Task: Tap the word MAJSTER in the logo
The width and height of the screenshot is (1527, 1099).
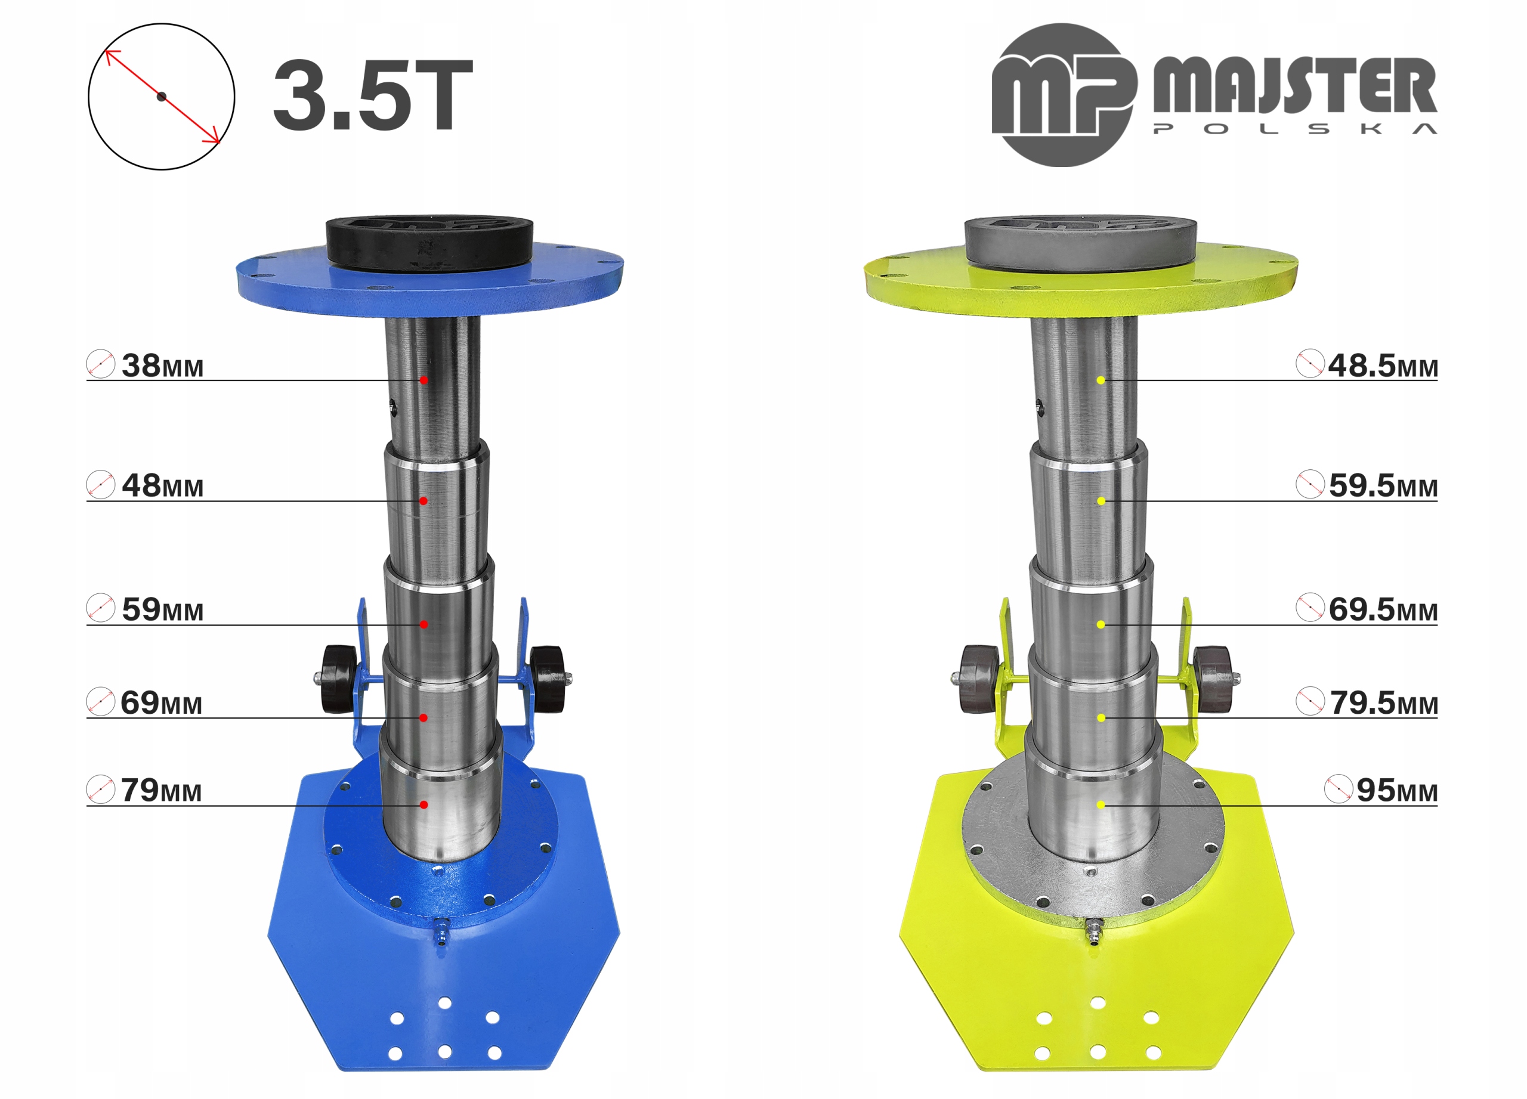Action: [x=1295, y=85]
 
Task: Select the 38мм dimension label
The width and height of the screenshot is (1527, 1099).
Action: [x=162, y=366]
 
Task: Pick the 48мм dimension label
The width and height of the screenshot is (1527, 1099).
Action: [x=162, y=485]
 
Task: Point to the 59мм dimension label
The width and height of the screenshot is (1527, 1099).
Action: [x=162, y=609]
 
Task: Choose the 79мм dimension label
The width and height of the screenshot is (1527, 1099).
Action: [x=161, y=790]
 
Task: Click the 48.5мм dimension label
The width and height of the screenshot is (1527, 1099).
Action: [x=1383, y=366]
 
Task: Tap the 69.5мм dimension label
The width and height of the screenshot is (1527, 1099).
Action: [x=1383, y=609]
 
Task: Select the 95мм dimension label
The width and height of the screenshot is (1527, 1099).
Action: [x=1397, y=790]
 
